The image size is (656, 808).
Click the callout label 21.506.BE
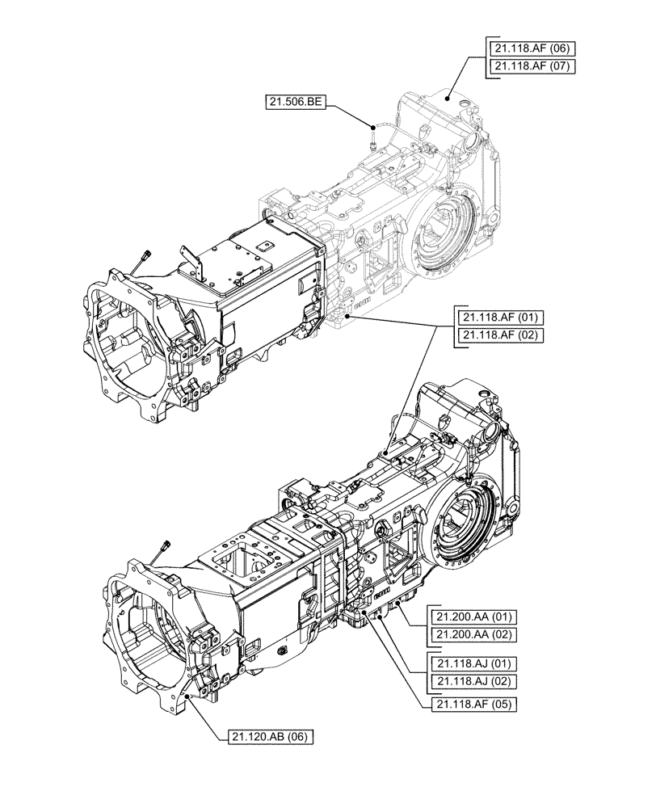point(296,102)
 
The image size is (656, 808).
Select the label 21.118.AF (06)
point(532,48)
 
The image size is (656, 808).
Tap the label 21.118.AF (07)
point(532,66)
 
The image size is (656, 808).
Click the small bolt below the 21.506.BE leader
point(369,146)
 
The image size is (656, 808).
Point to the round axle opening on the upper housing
point(442,222)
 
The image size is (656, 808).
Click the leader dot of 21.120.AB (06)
point(187,693)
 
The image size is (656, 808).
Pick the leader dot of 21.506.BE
point(372,126)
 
